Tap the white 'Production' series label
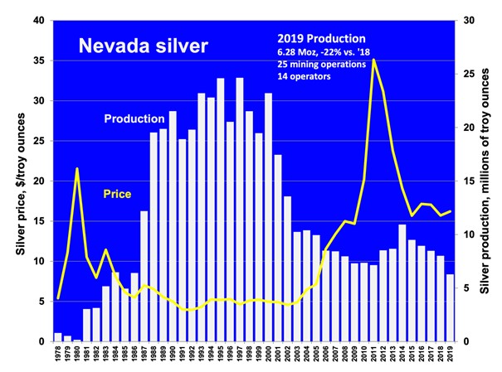(x=134, y=119)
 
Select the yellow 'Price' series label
(x=117, y=194)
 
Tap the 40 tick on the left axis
(x=38, y=21)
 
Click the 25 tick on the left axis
(x=38, y=141)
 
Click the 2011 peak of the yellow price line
(x=374, y=59)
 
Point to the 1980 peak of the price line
(x=77, y=168)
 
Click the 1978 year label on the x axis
(x=58, y=355)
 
